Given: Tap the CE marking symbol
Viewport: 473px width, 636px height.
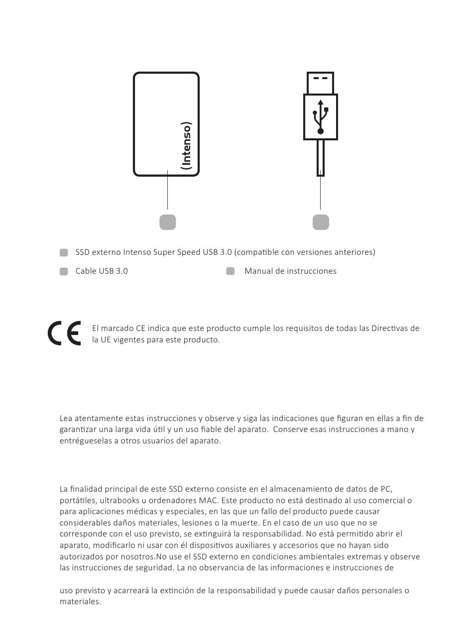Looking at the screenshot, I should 64,334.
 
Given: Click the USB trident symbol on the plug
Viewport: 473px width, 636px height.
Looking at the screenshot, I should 321,117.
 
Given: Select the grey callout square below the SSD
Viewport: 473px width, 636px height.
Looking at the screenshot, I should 168,222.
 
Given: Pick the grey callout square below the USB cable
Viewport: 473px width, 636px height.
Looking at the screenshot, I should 321,222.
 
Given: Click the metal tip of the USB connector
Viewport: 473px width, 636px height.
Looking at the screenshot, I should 321,83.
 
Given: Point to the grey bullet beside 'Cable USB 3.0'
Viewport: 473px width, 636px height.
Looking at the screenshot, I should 64,271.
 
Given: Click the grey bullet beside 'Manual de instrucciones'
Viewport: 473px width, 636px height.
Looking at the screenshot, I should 230,271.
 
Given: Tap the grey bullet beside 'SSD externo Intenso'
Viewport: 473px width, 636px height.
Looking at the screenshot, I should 64,252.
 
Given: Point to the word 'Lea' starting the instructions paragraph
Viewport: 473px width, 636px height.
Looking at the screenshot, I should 66,419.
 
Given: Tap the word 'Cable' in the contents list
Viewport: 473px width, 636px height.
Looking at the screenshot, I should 86,271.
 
